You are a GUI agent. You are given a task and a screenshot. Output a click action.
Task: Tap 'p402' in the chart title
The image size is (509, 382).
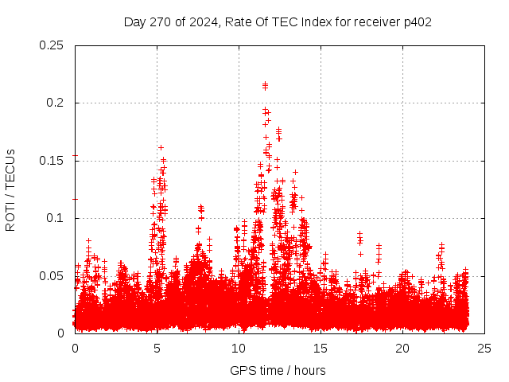(x=418, y=22)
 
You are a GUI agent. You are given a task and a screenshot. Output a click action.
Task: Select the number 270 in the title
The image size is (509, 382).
(x=161, y=22)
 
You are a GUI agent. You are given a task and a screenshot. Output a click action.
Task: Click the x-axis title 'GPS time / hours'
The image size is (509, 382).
(x=278, y=370)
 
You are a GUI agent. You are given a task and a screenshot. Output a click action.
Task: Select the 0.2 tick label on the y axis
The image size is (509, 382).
(x=55, y=103)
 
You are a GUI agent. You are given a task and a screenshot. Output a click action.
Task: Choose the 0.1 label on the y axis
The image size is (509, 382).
(x=55, y=218)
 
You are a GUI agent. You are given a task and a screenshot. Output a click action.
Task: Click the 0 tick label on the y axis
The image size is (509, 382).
(x=60, y=333)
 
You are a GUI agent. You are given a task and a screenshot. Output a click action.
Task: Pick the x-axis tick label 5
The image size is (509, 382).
(x=157, y=349)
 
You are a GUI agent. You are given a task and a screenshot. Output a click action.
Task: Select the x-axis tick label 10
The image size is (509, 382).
(x=239, y=349)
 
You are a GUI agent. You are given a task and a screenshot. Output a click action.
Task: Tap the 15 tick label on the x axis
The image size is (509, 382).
(x=321, y=349)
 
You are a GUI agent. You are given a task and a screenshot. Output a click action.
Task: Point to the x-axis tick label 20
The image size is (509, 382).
(x=402, y=349)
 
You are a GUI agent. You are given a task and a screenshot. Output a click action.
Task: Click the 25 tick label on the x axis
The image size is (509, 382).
(x=484, y=349)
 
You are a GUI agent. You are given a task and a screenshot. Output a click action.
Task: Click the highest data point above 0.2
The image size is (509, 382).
(x=265, y=83)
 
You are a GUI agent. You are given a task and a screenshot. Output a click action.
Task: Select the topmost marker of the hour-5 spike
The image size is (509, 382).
(x=161, y=147)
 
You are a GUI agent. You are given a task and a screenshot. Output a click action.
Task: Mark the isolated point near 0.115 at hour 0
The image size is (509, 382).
(x=75, y=199)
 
